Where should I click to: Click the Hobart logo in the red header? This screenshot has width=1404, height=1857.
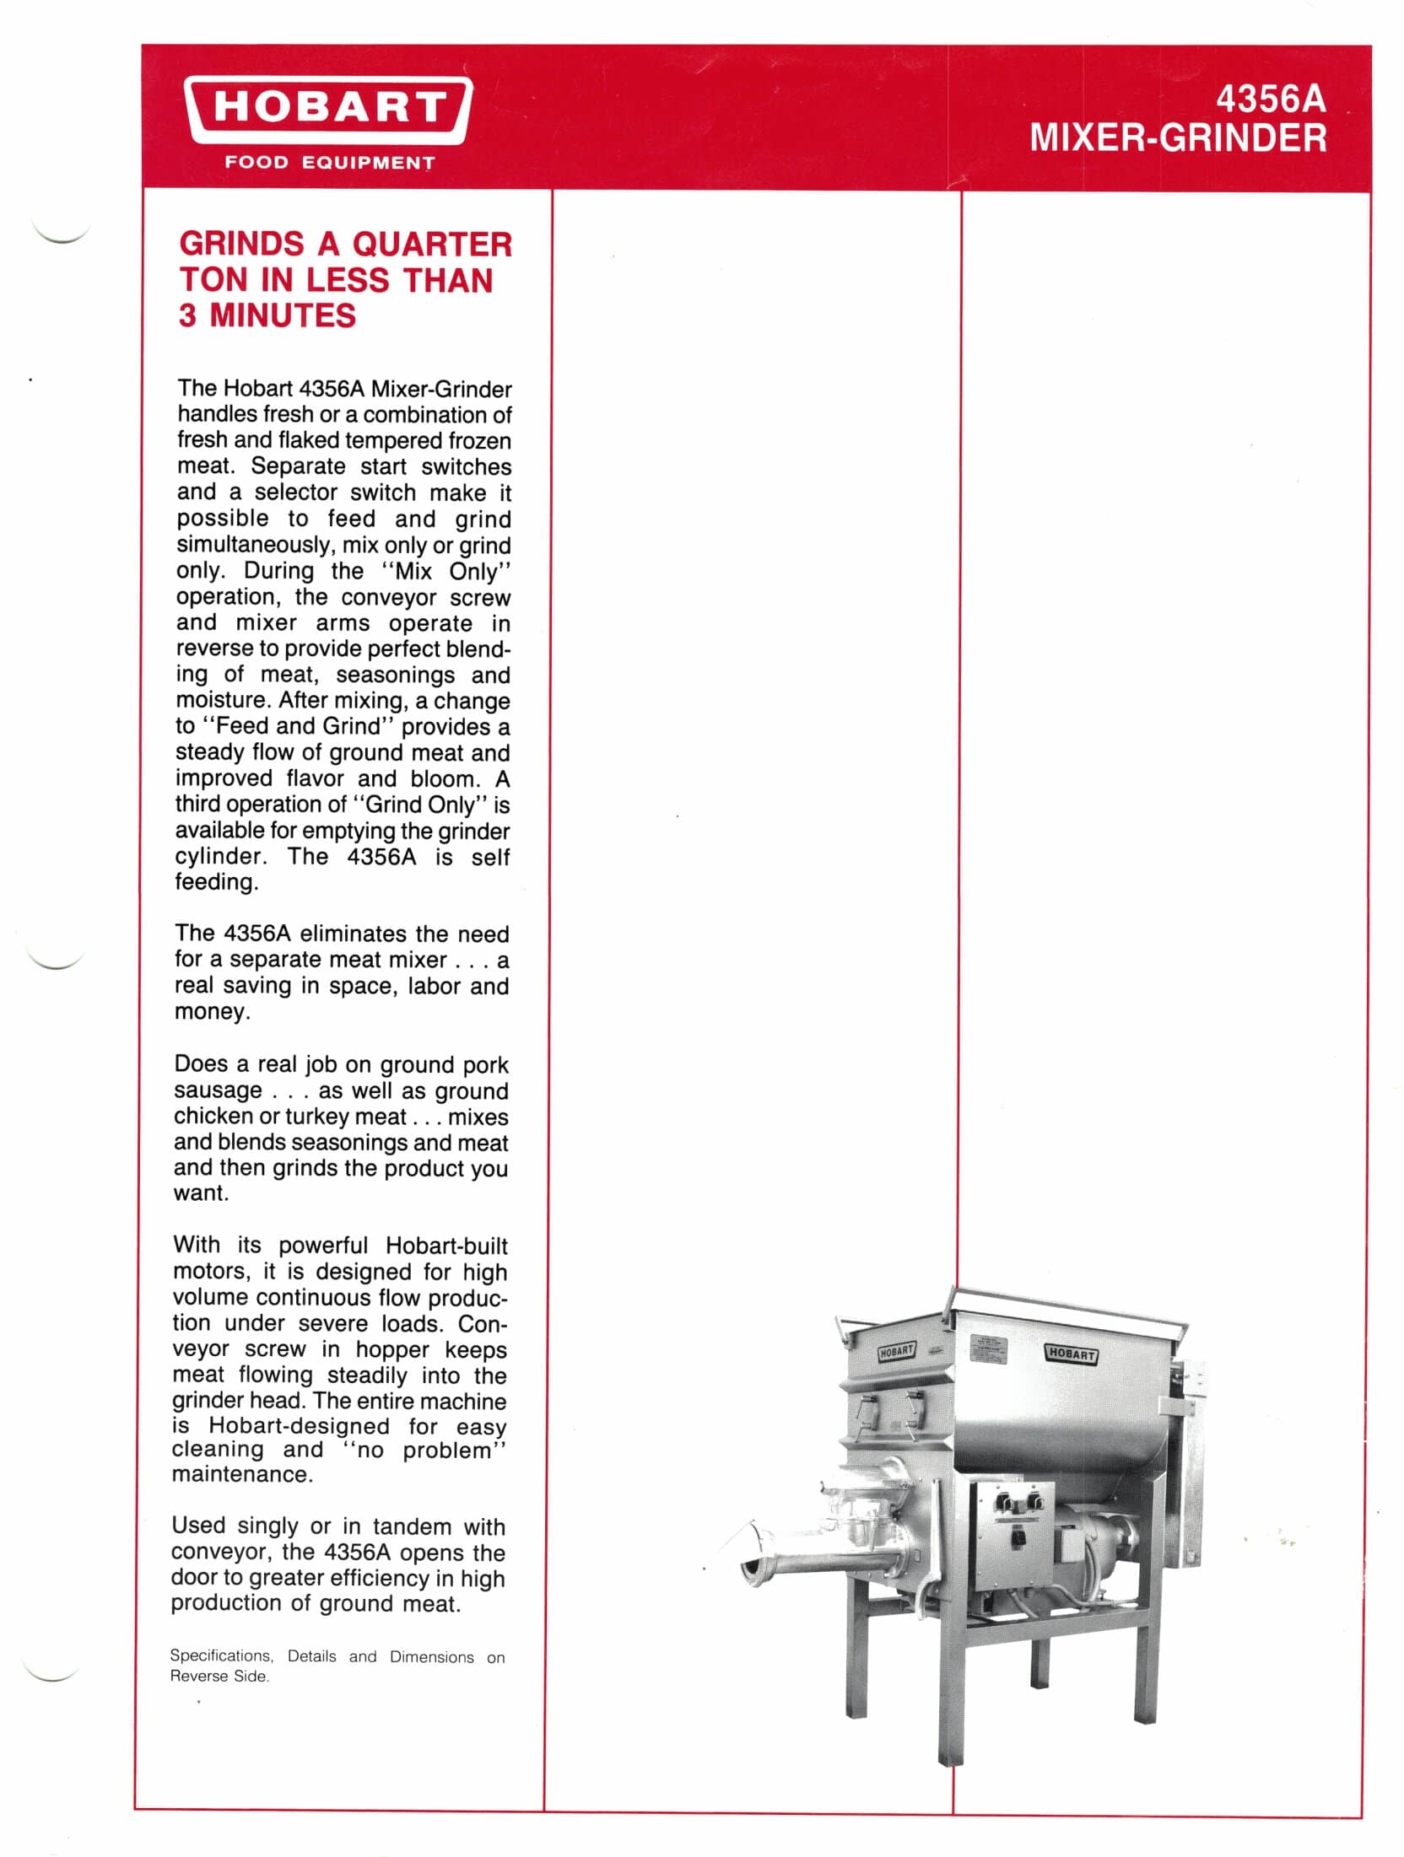[328, 110]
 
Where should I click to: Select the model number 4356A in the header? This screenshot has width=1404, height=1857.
[1270, 100]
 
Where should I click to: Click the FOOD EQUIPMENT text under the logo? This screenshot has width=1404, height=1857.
[329, 163]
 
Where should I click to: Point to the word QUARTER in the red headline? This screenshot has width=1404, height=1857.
[432, 245]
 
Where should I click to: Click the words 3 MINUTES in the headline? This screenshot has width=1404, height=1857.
[267, 315]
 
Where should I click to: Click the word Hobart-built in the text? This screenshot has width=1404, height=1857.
[446, 1246]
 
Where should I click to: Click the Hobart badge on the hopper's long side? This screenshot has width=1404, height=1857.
[1071, 1354]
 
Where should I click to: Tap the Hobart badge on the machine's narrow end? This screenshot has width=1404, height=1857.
[895, 1351]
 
